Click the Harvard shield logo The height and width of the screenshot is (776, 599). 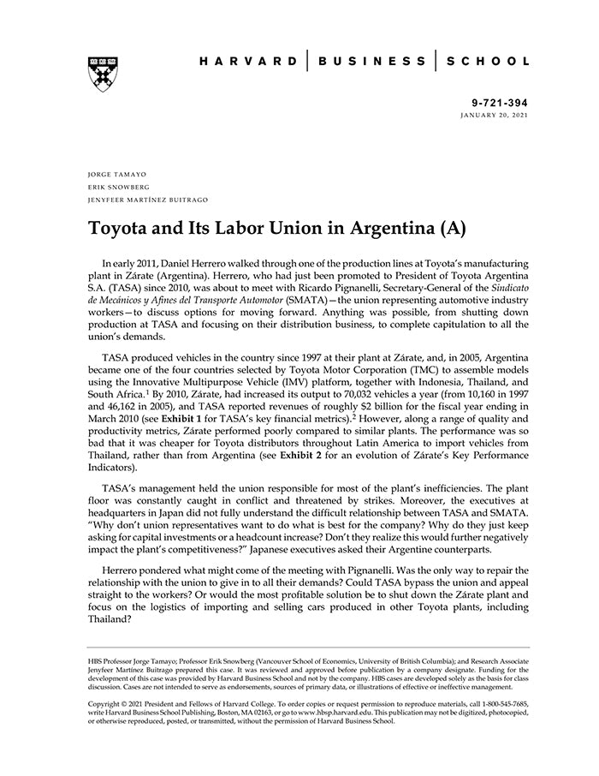(103, 74)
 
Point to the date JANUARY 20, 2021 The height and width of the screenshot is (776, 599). (495, 114)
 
